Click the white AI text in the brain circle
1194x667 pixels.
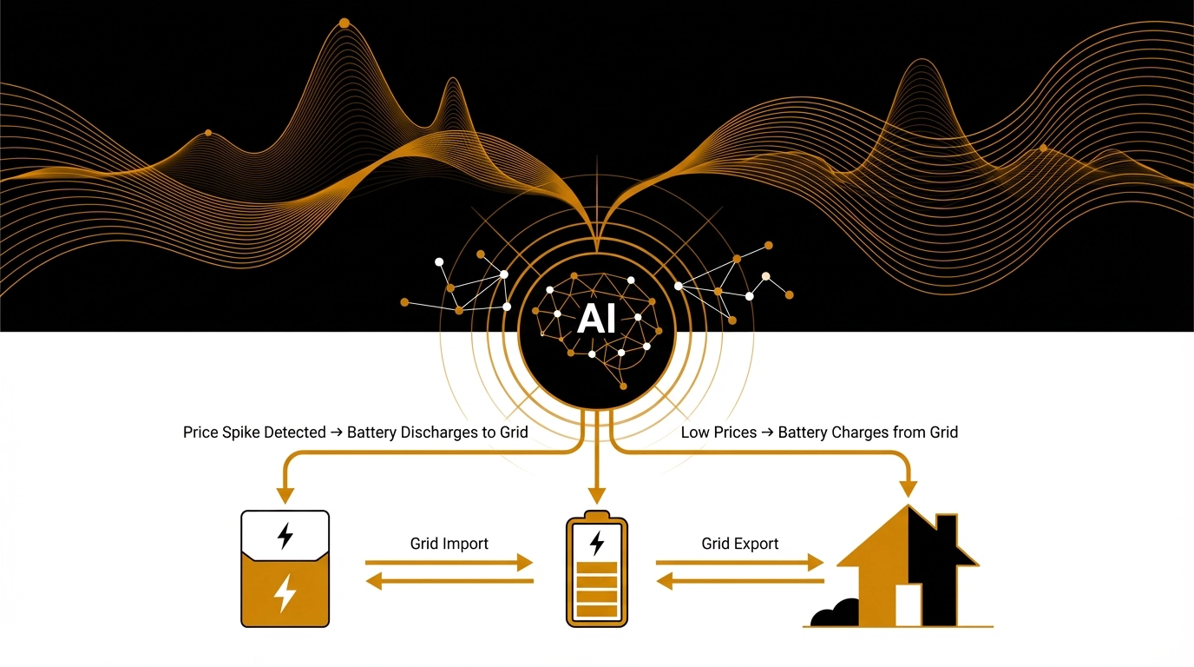[596, 320]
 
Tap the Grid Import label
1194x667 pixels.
[449, 544]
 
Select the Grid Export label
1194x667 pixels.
[739, 544]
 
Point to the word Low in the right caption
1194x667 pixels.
[694, 432]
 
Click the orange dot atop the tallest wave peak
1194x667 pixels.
[344, 23]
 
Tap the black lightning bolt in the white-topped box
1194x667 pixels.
[285, 535]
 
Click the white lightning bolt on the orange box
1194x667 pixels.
[285, 594]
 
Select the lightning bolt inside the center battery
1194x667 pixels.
[597, 544]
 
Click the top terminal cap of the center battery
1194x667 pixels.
[596, 514]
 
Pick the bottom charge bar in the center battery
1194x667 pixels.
[596, 611]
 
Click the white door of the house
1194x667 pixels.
[908, 604]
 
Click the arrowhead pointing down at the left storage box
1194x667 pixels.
[285, 496]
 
